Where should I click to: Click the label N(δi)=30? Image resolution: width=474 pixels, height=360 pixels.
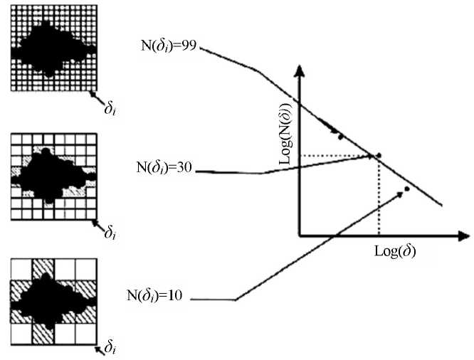point(165,171)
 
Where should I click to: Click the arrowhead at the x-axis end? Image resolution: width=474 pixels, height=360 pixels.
point(463,234)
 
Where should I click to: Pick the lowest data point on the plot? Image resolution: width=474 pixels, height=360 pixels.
point(407,189)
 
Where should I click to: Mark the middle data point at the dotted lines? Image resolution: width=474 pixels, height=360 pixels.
point(379,155)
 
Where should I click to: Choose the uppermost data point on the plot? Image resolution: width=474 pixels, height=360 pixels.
point(341,136)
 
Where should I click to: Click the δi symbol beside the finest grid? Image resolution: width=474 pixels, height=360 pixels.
point(108,109)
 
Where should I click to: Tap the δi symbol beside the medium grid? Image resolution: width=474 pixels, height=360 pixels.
point(110,233)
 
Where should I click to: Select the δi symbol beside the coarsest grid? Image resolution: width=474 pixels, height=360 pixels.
point(110,348)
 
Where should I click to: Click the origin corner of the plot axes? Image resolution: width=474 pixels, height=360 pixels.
point(300,234)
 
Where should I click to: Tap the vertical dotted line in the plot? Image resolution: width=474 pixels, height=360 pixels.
point(379,199)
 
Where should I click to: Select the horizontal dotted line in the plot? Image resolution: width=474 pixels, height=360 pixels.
point(335,155)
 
